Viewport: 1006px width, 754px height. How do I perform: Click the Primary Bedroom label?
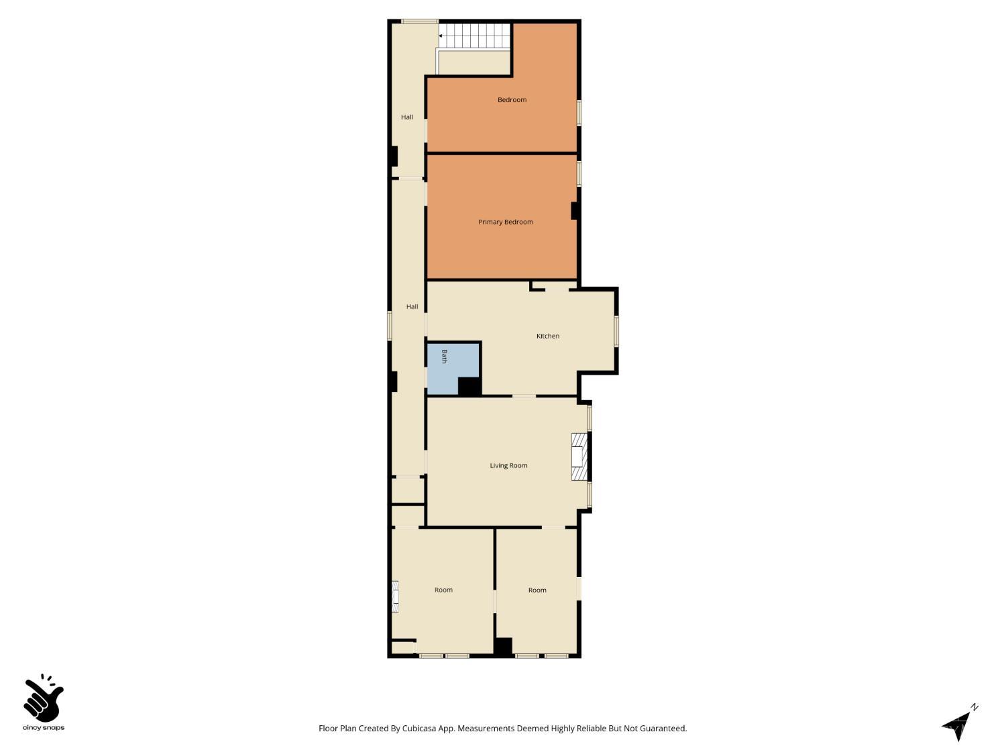click(505, 222)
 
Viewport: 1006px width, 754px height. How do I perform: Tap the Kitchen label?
click(548, 336)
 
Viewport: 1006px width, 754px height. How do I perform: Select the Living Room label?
click(508, 466)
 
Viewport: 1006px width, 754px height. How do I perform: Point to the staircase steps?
click(475, 36)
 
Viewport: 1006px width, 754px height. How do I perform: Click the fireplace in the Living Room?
click(579, 456)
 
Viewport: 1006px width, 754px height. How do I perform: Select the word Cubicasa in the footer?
click(419, 729)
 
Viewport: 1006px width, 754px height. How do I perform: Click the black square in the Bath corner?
click(469, 386)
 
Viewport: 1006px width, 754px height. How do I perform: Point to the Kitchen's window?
click(616, 331)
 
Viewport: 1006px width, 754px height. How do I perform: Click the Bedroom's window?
click(579, 113)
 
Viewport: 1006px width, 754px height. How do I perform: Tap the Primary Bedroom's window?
click(579, 174)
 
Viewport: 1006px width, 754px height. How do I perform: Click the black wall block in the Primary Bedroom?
click(574, 211)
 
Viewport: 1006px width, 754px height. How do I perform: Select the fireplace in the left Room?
click(395, 596)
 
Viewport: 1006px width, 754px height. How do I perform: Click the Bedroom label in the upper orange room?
click(512, 100)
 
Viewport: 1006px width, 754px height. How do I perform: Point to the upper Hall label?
click(407, 117)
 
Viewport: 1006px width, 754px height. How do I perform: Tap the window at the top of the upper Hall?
click(420, 21)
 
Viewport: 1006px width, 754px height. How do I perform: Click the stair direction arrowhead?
click(441, 36)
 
